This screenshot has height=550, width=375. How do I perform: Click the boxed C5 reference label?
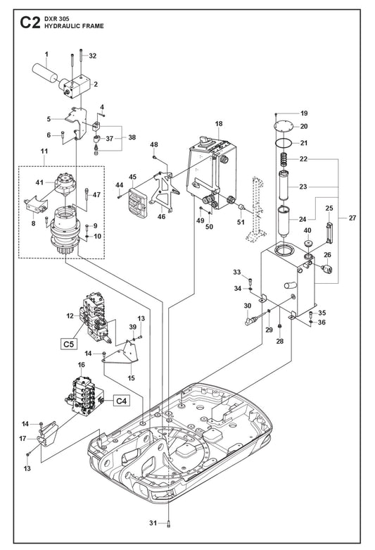pyautogui.click(x=69, y=344)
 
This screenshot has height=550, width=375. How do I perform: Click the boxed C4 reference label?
pyautogui.click(x=121, y=400)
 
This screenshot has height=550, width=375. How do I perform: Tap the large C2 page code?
pyautogui.click(x=30, y=23)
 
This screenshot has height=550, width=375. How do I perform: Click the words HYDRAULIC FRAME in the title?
pyautogui.click(x=74, y=26)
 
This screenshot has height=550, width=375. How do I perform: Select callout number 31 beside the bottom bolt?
pyautogui.click(x=153, y=523)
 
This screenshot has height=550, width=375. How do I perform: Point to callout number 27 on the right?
pyautogui.click(x=352, y=218)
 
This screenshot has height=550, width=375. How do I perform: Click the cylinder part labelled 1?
pyautogui.click(x=45, y=73)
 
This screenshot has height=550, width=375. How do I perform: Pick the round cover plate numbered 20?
pyautogui.click(x=283, y=126)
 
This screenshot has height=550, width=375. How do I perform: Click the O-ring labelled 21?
pyautogui.click(x=283, y=143)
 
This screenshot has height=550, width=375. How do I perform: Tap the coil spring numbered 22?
pyautogui.click(x=284, y=160)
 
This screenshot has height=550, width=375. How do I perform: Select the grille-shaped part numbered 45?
pyautogui.click(x=138, y=203)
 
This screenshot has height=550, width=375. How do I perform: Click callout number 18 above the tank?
pyautogui.click(x=219, y=123)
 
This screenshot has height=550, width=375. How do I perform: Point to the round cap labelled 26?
pyautogui.click(x=326, y=269)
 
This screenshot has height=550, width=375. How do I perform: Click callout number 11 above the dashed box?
pyautogui.click(x=44, y=151)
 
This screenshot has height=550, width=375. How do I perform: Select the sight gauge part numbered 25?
pyautogui.click(x=329, y=232)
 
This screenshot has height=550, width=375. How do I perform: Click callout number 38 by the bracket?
pyautogui.click(x=132, y=137)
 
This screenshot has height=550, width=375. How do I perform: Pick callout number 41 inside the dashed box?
pyautogui.click(x=39, y=182)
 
